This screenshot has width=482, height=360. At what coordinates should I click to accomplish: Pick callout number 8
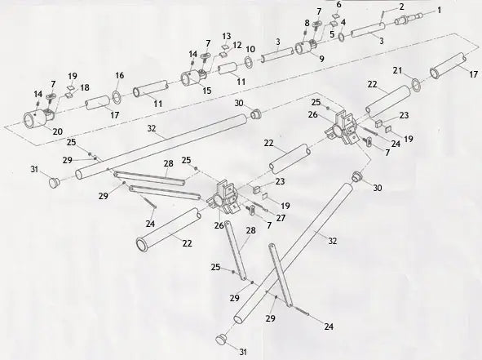(307, 24)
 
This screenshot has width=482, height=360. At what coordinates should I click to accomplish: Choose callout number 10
(250, 50)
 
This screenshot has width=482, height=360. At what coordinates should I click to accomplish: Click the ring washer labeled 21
(417, 82)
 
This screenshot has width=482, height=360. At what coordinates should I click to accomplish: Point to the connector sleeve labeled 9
(308, 48)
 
